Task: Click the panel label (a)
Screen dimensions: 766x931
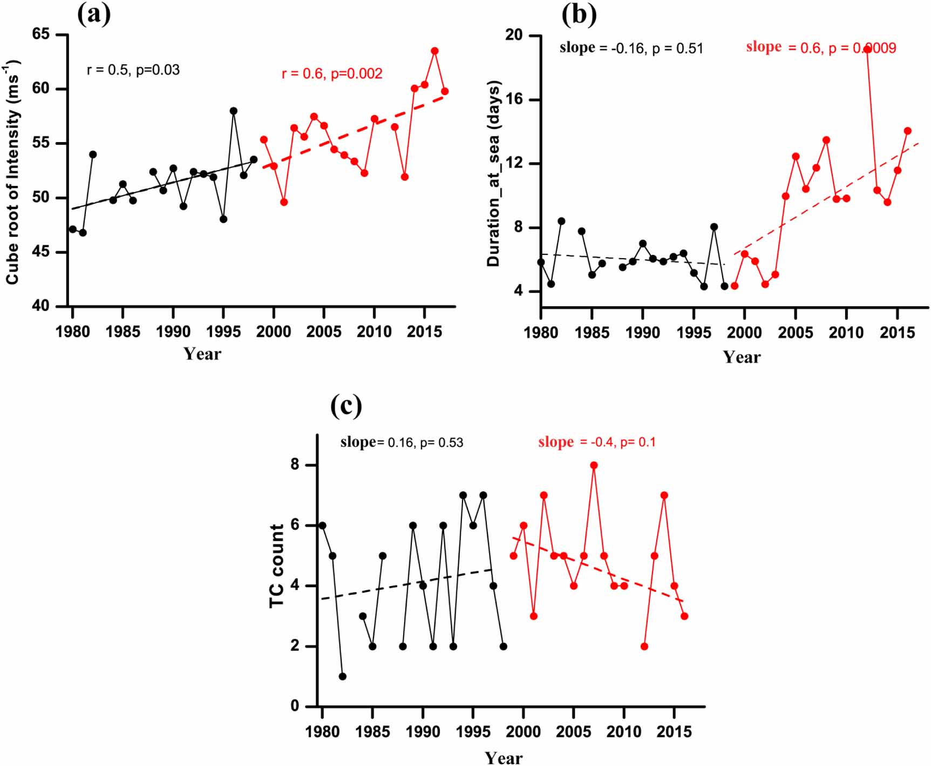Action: tap(94, 14)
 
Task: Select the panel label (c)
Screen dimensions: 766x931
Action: tap(346, 405)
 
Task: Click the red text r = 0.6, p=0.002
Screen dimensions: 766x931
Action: tap(332, 73)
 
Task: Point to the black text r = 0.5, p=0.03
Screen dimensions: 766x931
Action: tap(133, 70)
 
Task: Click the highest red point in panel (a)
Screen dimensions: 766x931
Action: tap(434, 51)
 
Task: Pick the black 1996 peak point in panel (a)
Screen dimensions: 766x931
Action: tap(234, 111)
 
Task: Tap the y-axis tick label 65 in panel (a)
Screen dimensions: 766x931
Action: tap(40, 34)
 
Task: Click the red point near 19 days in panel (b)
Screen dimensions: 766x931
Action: tap(867, 49)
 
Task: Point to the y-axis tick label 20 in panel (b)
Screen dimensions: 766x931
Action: tap(514, 35)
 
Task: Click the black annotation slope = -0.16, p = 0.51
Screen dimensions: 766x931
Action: tap(631, 48)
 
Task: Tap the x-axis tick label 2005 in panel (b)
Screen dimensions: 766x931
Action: tap(795, 332)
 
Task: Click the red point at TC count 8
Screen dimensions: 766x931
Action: tap(594, 465)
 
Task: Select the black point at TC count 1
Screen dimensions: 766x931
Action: tap(342, 676)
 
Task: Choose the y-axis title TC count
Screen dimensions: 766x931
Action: tap(277, 566)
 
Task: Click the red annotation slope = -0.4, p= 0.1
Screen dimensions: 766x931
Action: tap(596, 442)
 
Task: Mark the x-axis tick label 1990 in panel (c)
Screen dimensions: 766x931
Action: tap(423, 732)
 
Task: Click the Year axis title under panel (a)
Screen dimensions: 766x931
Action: tap(202, 354)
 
